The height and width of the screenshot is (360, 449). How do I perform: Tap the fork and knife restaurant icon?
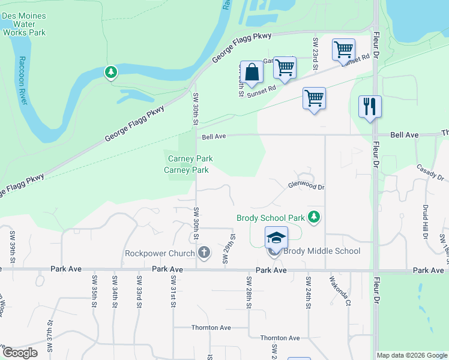[370, 107]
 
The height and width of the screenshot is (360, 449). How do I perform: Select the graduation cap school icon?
[276, 238]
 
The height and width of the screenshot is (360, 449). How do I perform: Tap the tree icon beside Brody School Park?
[313, 217]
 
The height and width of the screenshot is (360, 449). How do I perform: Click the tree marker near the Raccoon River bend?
[110, 73]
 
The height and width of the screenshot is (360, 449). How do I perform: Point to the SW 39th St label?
[12, 243]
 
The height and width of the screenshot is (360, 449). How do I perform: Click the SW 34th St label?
[114, 290]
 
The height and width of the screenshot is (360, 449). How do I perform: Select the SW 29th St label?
[227, 249]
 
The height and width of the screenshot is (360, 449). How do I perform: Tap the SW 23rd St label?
[315, 52]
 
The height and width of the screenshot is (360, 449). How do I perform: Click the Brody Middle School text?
[322, 251]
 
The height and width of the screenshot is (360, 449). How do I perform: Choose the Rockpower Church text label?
[160, 253]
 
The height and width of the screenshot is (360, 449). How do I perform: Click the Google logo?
[20, 353]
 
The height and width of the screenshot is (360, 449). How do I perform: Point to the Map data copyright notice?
[412, 355]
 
